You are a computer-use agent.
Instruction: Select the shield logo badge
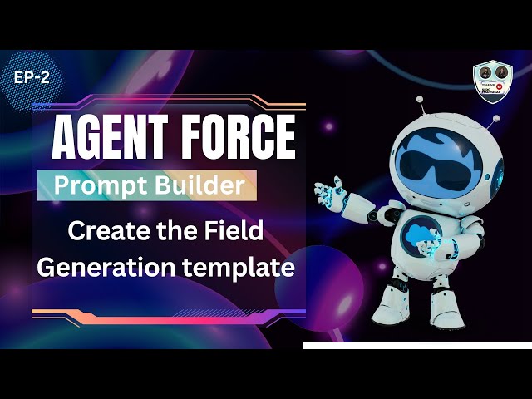[x=492, y=83]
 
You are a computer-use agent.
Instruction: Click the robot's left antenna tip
[x=419, y=98]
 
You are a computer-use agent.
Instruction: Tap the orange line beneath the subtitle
[x=166, y=314]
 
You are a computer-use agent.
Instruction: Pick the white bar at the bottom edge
[x=416, y=344]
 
